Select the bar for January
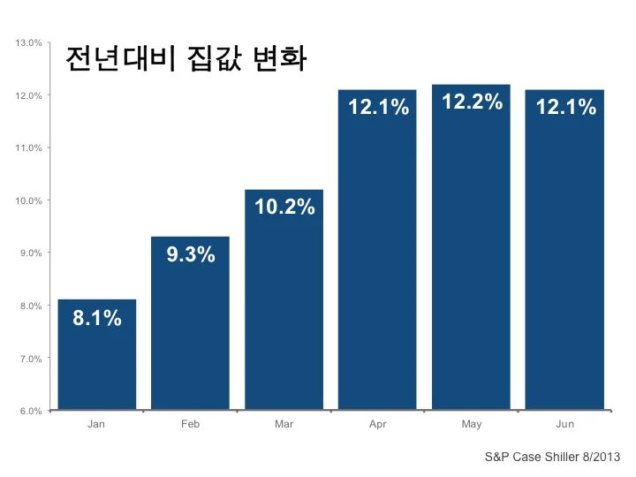click(97, 354)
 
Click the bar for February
click(190, 323)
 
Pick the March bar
click(284, 299)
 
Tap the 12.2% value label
click(472, 102)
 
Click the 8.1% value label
click(97, 318)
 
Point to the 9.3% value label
click(191, 254)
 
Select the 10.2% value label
click(284, 207)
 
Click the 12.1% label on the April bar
click(378, 107)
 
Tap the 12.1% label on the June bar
click(566, 107)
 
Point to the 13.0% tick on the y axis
click(29, 43)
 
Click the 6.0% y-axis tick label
click(31, 411)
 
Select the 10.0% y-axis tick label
click(29, 201)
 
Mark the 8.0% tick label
click(31, 306)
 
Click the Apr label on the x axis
click(378, 425)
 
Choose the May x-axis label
click(472, 425)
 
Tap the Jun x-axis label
click(565, 424)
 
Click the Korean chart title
click(185, 59)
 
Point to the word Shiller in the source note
click(562, 457)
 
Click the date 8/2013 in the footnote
click(602, 457)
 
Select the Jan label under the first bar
click(96, 424)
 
